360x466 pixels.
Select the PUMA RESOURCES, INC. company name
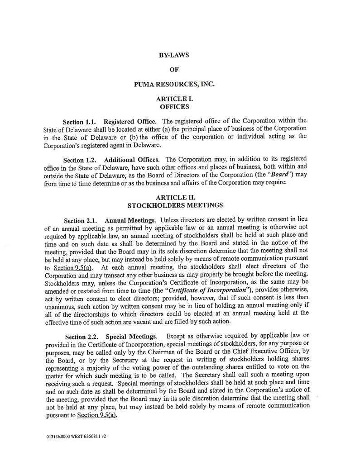174,84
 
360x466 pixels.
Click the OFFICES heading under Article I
174,107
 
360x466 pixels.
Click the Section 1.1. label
79,122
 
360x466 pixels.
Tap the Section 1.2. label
80,160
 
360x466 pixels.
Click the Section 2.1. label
80,221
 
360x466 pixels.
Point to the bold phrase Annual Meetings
131,221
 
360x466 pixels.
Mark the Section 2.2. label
82,337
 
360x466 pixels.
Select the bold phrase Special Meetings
132,337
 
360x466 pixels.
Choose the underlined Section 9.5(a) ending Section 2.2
96,415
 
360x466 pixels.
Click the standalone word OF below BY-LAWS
173,70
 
